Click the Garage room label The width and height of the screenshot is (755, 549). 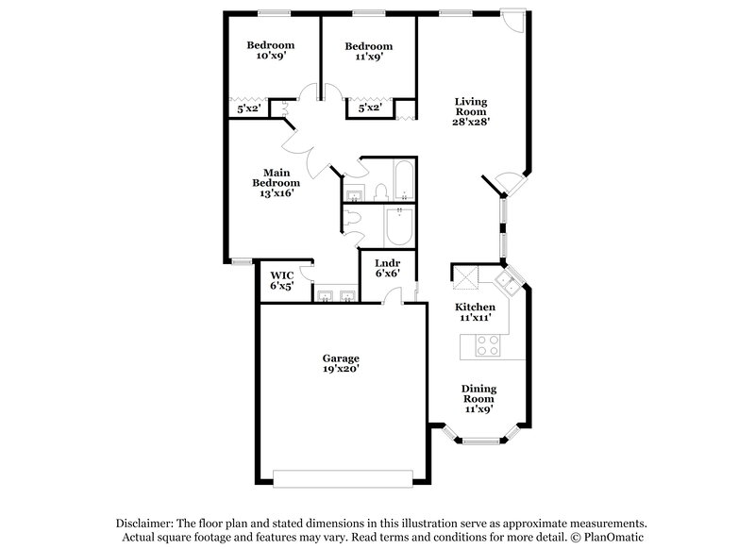pyautogui.click(x=341, y=364)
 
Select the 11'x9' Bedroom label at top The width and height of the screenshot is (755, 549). pyautogui.click(x=368, y=52)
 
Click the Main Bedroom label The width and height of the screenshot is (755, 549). pyautogui.click(x=275, y=182)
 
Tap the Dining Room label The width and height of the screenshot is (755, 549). pyautogui.click(x=479, y=399)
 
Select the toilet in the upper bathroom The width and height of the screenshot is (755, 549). pyautogui.click(x=380, y=193)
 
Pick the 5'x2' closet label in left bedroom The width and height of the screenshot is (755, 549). pyautogui.click(x=249, y=109)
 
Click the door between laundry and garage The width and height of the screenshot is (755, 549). pyautogui.click(x=390, y=300)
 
